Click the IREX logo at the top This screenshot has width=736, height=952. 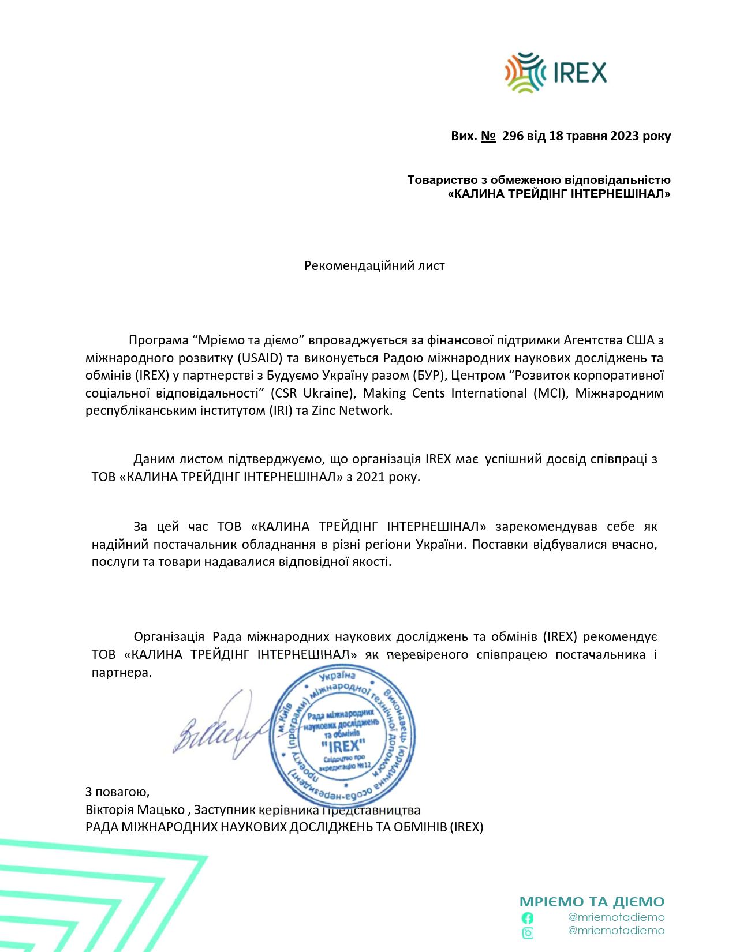tap(555, 73)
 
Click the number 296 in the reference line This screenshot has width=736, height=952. tap(513, 136)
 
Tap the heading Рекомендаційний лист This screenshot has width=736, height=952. tap(374, 266)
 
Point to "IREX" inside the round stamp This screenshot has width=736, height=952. tap(343, 746)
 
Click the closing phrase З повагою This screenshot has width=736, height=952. tap(117, 792)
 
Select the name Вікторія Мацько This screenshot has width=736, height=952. tap(135, 810)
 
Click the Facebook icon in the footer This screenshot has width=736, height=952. tap(528, 918)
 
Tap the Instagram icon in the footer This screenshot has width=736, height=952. tap(528, 933)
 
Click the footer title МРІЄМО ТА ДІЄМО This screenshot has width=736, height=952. tap(592, 902)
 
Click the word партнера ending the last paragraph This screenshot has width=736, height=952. tap(121, 673)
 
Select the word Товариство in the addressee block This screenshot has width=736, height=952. tap(442, 180)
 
